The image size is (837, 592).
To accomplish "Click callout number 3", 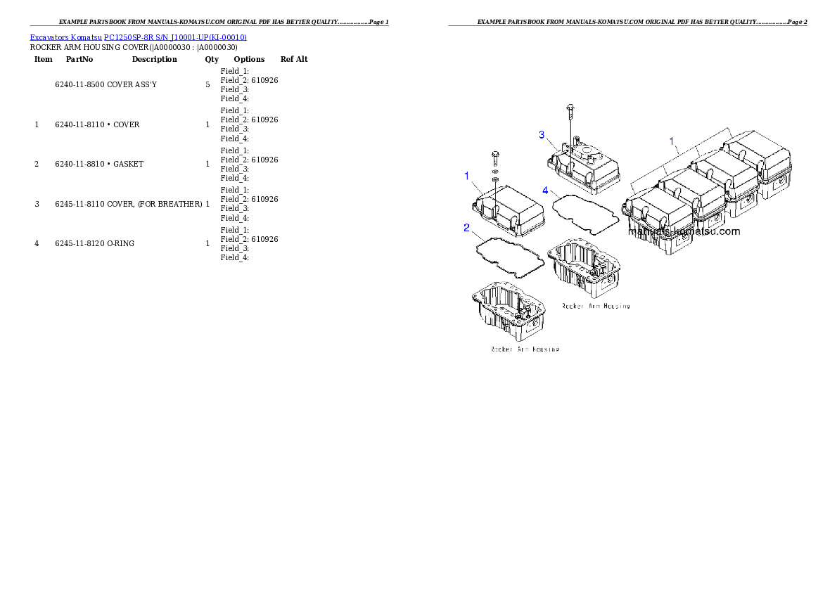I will [x=542, y=134].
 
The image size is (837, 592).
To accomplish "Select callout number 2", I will [x=466, y=227].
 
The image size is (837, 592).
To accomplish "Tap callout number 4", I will [x=545, y=191].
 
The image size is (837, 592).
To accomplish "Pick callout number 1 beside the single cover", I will [x=466, y=176].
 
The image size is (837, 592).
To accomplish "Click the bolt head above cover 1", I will [x=494, y=154].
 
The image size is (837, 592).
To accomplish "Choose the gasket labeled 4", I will [x=586, y=212].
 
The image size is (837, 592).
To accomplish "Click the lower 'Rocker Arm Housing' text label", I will [x=525, y=349].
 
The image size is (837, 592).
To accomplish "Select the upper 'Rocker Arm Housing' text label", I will [x=595, y=306].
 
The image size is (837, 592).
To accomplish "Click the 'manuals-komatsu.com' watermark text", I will [x=684, y=231].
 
